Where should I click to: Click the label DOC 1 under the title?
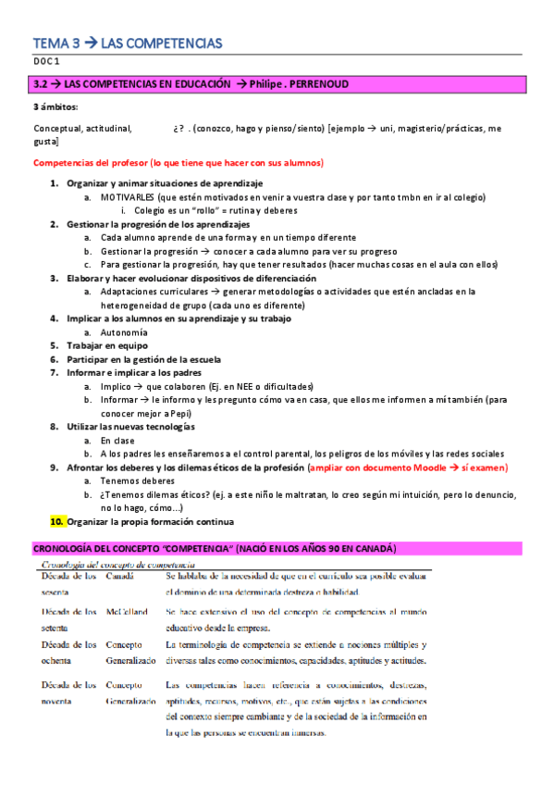45,61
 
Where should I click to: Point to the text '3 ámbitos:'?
55,107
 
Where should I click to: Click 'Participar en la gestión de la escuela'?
143,358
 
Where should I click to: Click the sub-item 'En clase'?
118,441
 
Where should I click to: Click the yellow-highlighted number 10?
56,521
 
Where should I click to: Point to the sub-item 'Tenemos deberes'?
138,481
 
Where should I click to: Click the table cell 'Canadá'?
119,576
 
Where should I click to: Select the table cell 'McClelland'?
126,611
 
